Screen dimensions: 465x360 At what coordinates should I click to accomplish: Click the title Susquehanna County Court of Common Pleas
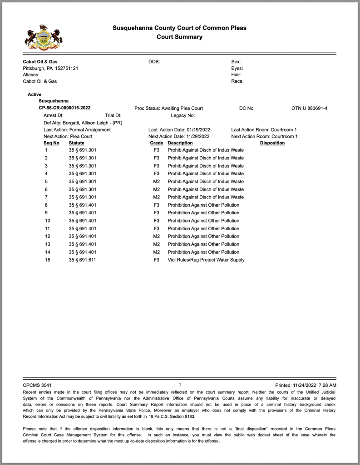pyautogui.click(x=179, y=28)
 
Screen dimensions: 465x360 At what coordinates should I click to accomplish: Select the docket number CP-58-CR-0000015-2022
pyautogui.click(x=64, y=108)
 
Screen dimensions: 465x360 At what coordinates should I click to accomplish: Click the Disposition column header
pyautogui.click(x=272, y=143)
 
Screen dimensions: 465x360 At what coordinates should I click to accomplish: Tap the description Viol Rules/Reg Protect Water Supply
pyautogui.click(x=206, y=260)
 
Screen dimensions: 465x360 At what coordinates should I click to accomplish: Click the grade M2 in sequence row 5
pyautogui.click(x=157, y=181)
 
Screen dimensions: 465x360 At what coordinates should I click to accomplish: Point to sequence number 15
pyautogui.click(x=47, y=260)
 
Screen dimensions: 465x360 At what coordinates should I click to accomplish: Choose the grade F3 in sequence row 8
pyautogui.click(x=157, y=205)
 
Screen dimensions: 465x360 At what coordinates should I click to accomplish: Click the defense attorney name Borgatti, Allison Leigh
pyautogui.click(x=89, y=123)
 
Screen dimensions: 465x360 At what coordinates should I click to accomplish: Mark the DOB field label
pyautogui.click(x=154, y=62)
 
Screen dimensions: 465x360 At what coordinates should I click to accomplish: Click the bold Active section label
pyautogui.click(x=35, y=94)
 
